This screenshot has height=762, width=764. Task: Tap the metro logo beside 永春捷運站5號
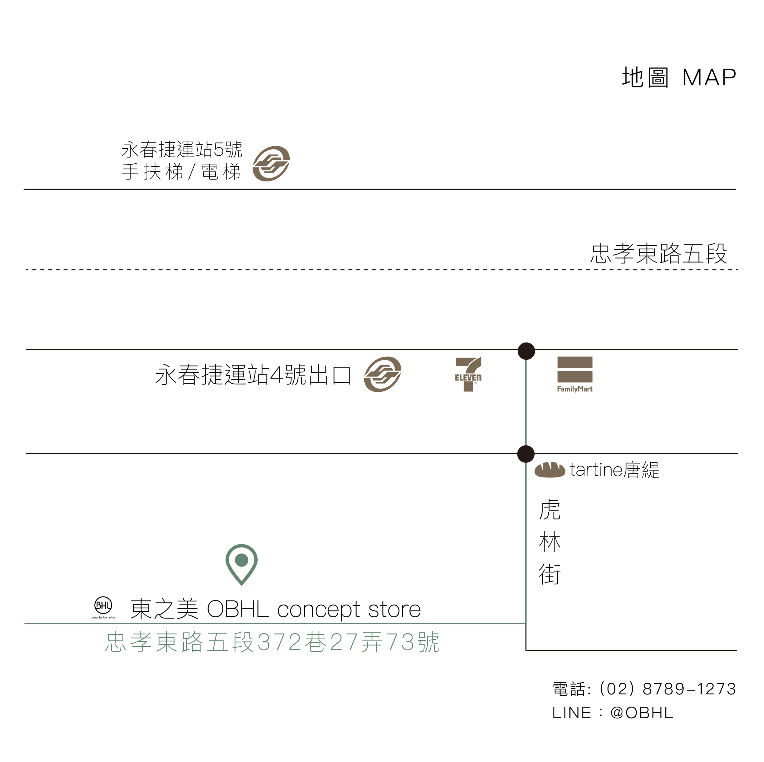[271, 163]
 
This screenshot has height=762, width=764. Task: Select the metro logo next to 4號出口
[382, 374]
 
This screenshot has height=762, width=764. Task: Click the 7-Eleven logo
[468, 374]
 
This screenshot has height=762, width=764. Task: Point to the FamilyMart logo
[575, 374]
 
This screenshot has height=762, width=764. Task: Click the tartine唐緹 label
[614, 470]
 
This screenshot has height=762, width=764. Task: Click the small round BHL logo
[103, 605]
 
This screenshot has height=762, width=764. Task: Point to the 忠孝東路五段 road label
[659, 254]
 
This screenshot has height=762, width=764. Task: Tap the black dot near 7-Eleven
[526, 351]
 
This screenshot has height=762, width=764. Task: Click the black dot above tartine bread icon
[526, 454]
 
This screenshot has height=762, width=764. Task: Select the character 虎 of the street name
[550, 510]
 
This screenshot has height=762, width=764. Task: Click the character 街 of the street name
[550, 574]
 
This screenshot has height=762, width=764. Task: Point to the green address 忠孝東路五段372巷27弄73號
[272, 642]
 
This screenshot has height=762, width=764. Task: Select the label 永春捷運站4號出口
[253, 374]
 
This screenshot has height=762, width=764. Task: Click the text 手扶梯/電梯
[181, 172]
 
